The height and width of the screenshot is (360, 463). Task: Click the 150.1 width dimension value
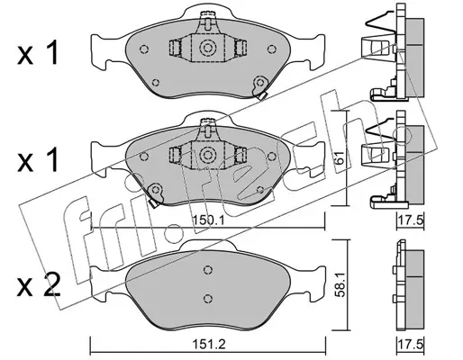pyautogui.click(x=208, y=220)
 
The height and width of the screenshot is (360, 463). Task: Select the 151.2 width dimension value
pyautogui.click(x=208, y=344)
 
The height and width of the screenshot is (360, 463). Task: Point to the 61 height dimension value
pyautogui.click(x=340, y=157)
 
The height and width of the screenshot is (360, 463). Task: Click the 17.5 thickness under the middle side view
pyautogui.click(x=411, y=220)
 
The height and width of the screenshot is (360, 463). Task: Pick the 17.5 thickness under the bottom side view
pyautogui.click(x=411, y=344)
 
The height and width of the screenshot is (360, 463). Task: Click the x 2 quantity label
pyautogui.click(x=39, y=284)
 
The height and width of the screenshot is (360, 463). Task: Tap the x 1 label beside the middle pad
pyautogui.click(x=38, y=160)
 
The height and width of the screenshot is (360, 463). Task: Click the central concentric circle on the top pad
pyautogui.click(x=207, y=48)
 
